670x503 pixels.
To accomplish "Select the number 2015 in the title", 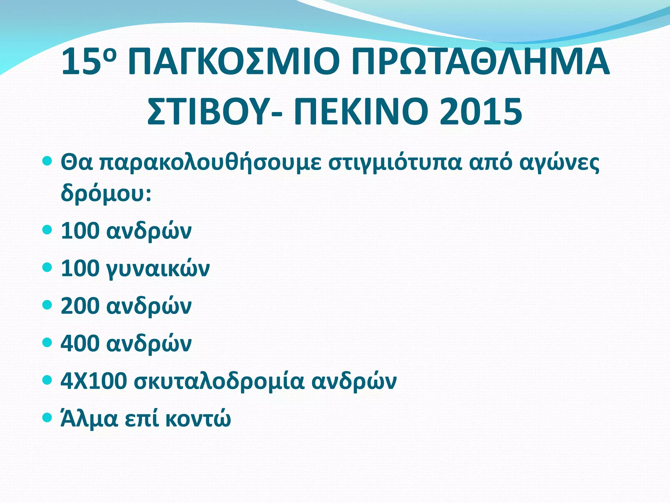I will [481, 112].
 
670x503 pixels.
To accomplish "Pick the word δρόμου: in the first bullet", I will [106, 193].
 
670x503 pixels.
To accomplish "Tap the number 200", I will [80, 306].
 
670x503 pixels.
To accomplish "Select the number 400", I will [80, 343].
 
